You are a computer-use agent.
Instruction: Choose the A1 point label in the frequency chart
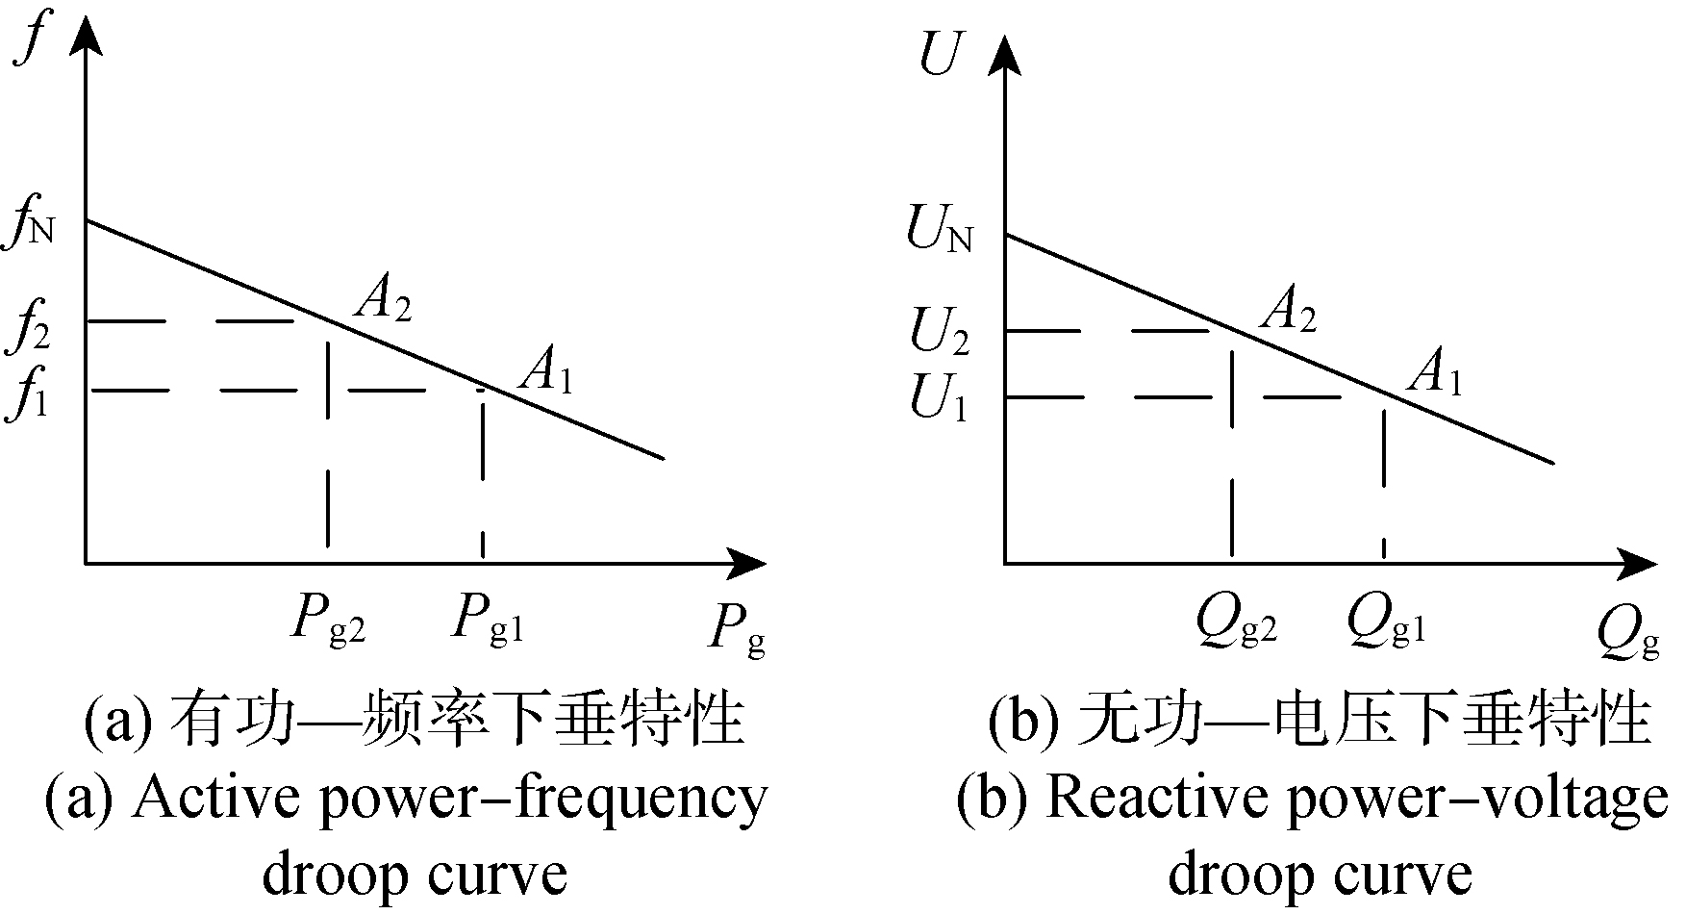point(545,371)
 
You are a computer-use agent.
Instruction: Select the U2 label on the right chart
point(939,335)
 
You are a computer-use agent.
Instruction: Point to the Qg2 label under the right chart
point(1236,624)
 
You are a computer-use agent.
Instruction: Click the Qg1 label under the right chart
point(1386,624)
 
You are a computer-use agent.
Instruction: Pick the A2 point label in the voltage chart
point(1287,310)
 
